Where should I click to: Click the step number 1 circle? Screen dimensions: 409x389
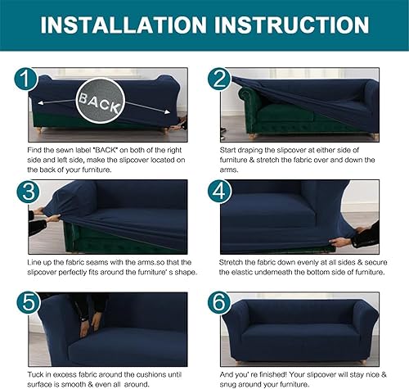[26, 79]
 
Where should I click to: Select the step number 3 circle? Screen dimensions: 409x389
[29, 192]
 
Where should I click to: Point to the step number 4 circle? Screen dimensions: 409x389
[219, 192]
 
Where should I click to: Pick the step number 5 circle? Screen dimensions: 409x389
[29, 303]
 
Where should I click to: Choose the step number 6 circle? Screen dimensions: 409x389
[219, 303]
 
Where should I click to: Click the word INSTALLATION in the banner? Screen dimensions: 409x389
[124, 25]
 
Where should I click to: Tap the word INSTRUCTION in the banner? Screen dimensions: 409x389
[291, 25]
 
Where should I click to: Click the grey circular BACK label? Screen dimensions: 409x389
[100, 101]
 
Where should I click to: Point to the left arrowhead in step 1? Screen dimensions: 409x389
[40, 103]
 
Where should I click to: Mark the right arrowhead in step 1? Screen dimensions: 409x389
[167, 112]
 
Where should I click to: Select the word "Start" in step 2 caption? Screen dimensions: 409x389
[227, 150]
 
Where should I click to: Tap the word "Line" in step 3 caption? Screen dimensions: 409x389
[34, 263]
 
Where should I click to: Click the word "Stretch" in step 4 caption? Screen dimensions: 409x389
[231, 263]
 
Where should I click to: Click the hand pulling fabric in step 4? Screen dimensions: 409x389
[340, 242]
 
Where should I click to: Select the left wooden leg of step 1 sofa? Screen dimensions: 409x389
[39, 130]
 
